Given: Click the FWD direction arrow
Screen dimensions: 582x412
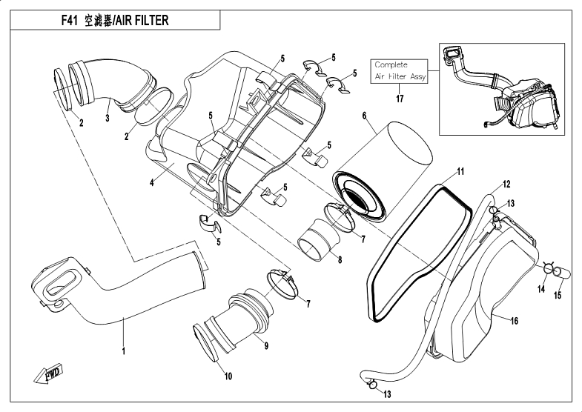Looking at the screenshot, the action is click(48, 373).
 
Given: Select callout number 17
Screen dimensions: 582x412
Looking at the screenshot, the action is click(400, 99).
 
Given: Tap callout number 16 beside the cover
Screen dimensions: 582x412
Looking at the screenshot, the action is click(514, 321).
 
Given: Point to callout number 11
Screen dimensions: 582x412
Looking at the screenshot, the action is click(460, 172).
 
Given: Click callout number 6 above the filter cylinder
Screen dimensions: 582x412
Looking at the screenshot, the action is click(364, 116).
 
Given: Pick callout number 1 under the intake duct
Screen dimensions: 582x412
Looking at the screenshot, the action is click(124, 350).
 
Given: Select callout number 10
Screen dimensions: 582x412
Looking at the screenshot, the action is click(228, 376).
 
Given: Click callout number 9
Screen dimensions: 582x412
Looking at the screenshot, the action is click(266, 345).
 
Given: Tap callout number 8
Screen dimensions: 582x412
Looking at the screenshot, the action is click(340, 260).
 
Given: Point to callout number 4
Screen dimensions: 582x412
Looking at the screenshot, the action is click(152, 183).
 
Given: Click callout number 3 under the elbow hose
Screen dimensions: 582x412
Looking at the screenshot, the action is click(108, 118).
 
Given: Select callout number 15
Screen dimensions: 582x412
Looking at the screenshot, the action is click(558, 295).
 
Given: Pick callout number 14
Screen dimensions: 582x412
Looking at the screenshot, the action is click(541, 289).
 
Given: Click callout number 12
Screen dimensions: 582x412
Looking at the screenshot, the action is click(506, 185).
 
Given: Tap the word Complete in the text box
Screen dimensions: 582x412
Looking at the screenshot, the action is click(391, 65).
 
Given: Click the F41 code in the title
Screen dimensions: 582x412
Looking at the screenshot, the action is click(70, 21).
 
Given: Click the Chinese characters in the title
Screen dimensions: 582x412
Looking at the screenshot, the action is click(98, 21).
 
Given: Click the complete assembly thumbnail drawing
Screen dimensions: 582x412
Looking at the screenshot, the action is click(501, 89).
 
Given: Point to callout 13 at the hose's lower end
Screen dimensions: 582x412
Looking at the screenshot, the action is click(387, 394).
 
